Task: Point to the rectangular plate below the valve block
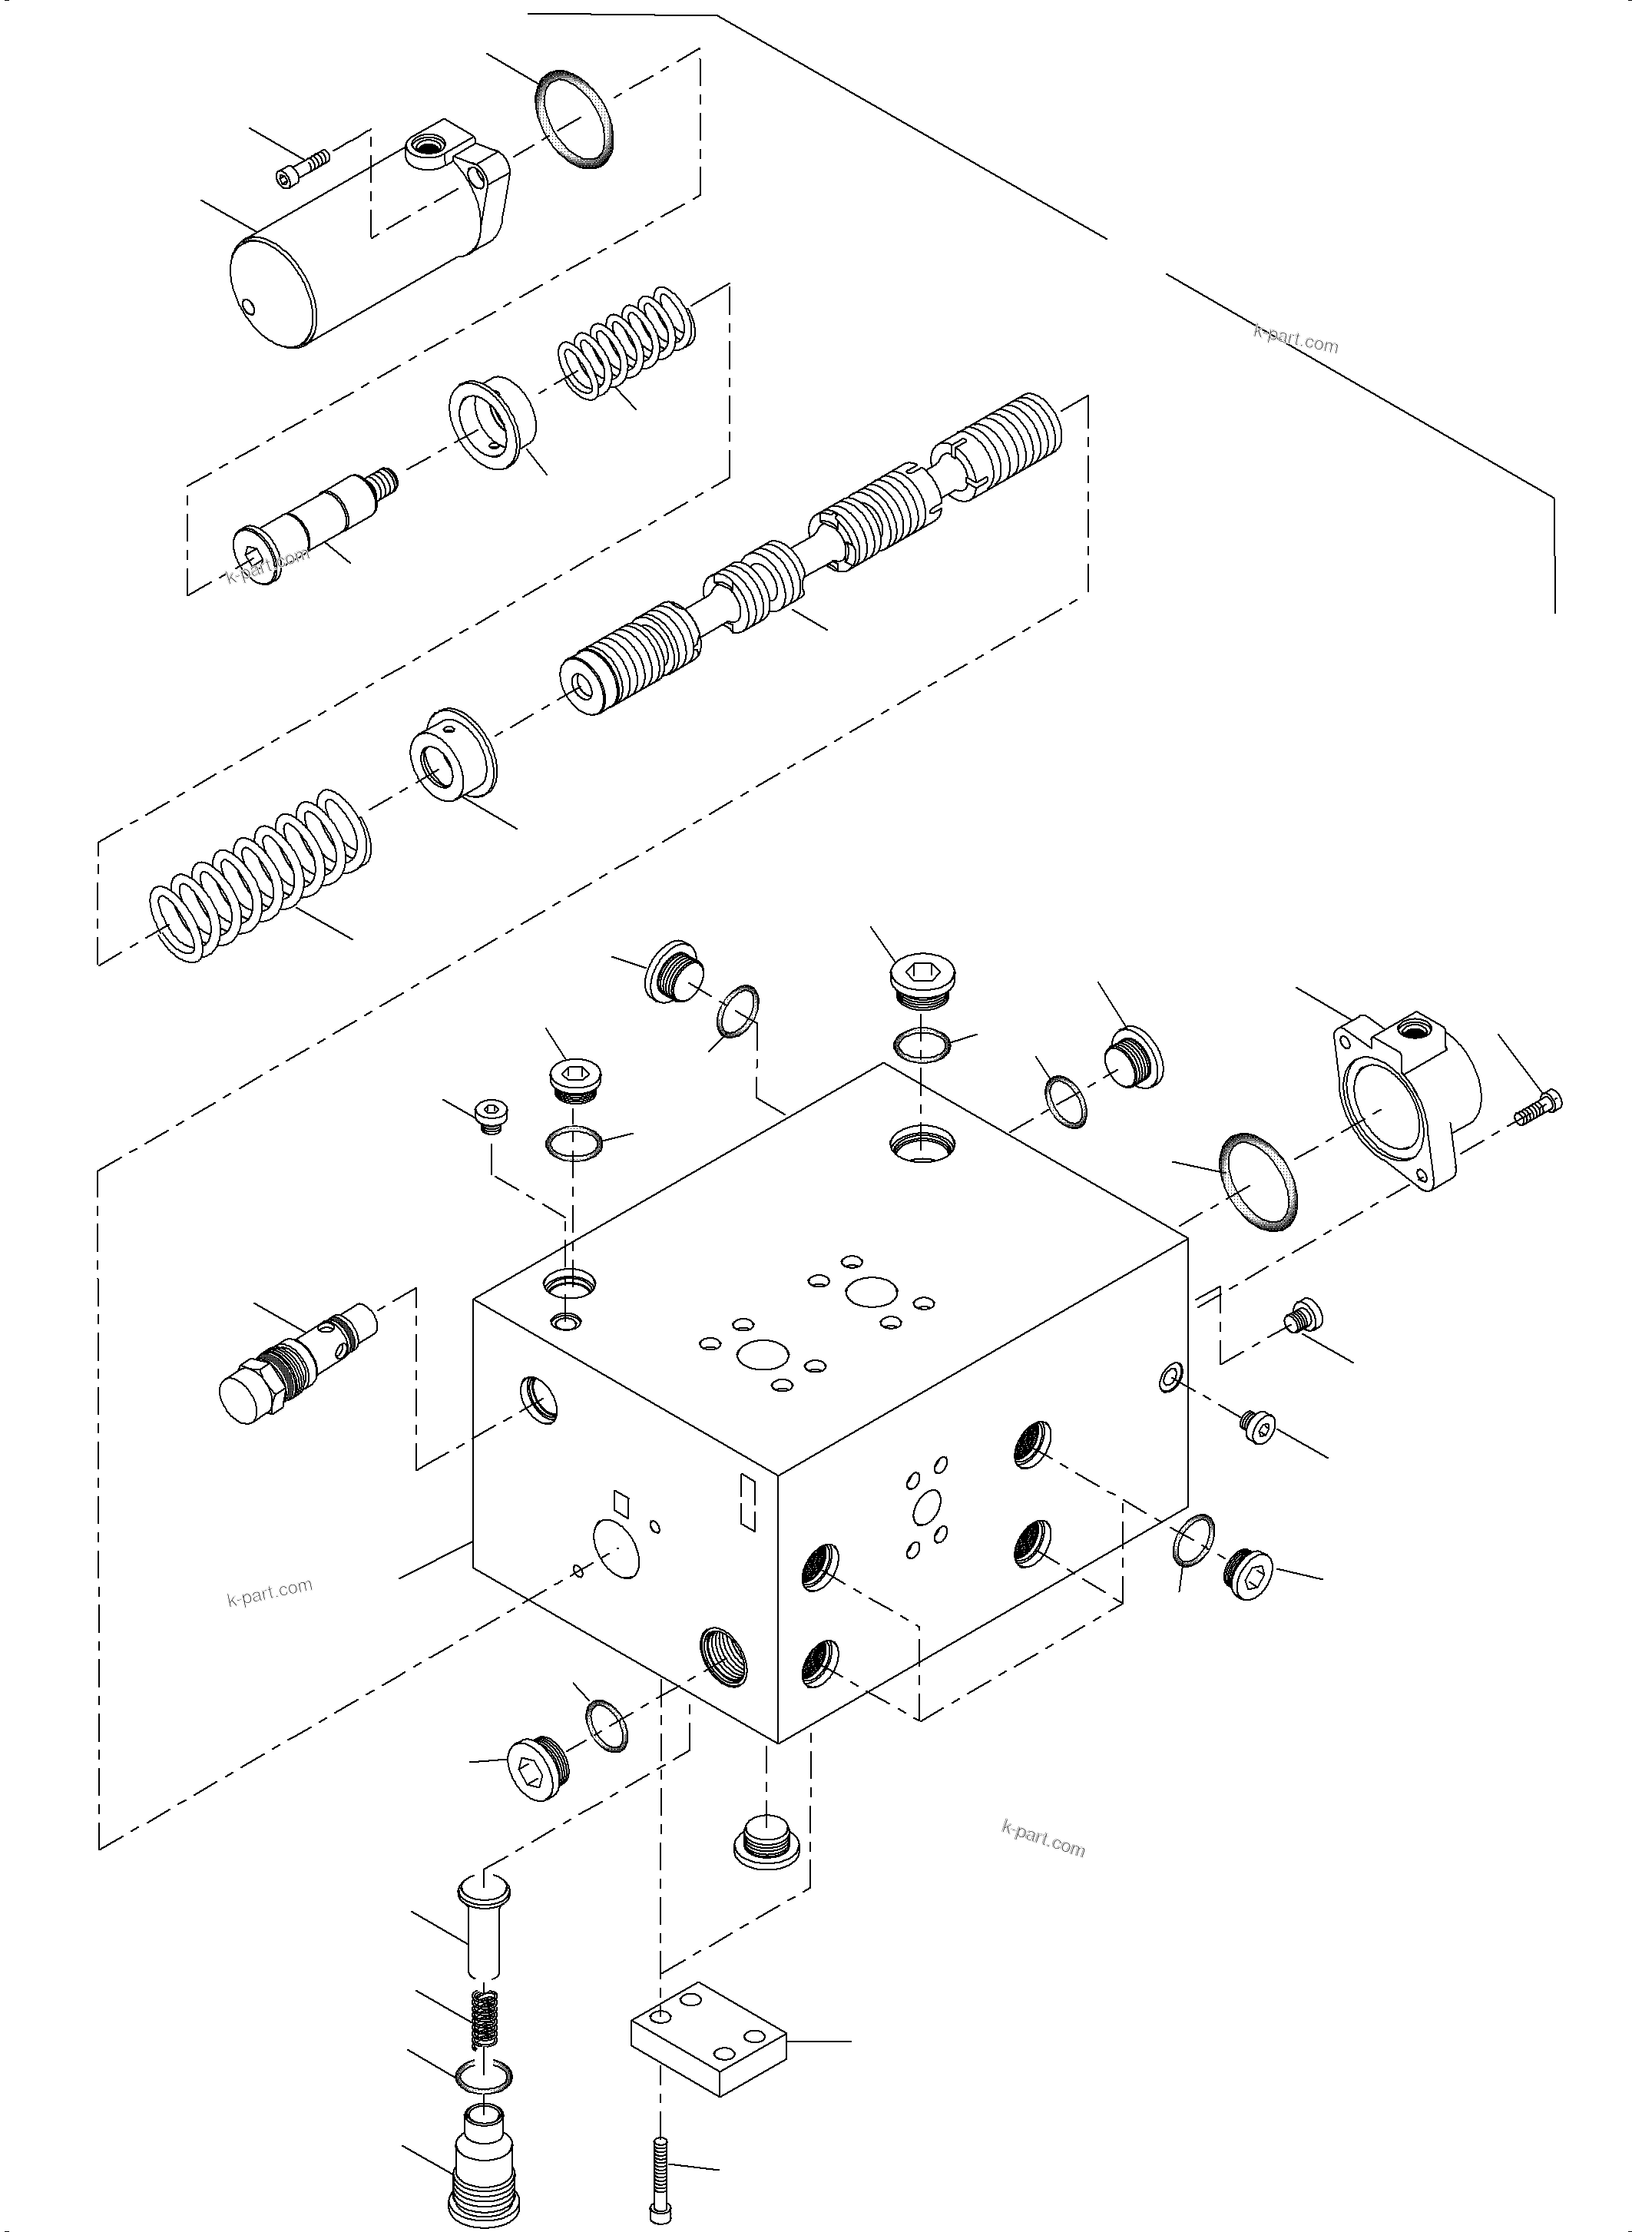coord(708,2038)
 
